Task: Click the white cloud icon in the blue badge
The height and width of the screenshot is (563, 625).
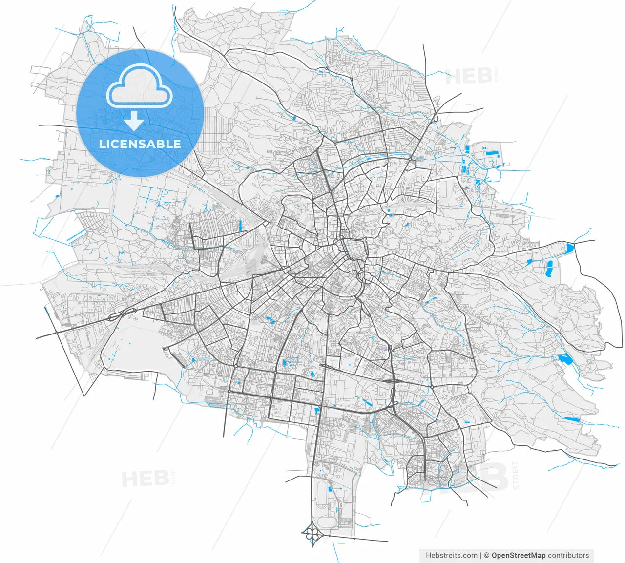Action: [x=140, y=87]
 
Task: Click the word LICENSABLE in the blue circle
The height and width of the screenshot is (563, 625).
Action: [x=140, y=144]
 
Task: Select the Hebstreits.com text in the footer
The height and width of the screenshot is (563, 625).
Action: [x=452, y=555]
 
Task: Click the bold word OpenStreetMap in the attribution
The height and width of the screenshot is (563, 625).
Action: [x=519, y=555]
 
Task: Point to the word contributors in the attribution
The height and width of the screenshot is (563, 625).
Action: [x=568, y=555]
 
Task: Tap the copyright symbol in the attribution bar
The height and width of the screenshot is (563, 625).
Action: [x=486, y=555]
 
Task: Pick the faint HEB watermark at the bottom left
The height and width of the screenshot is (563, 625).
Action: [x=145, y=479]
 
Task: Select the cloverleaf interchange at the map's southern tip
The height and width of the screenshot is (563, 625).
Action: [x=311, y=533]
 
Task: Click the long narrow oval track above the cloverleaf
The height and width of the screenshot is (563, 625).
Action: [x=320, y=493]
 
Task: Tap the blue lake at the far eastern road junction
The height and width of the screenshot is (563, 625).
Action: [x=569, y=248]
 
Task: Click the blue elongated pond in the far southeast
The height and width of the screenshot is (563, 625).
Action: [x=571, y=419]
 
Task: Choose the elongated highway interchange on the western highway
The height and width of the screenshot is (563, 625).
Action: [x=122, y=314]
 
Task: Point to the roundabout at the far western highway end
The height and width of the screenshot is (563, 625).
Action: [x=57, y=332]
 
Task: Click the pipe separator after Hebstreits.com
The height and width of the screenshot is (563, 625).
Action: [x=481, y=555]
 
